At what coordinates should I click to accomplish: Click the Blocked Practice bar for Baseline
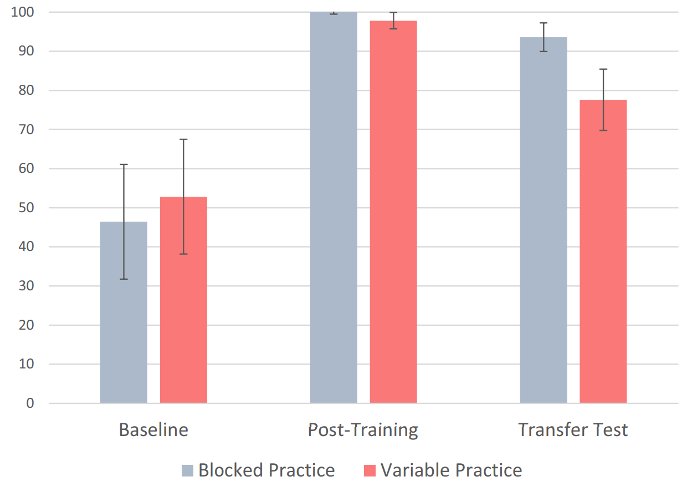click(x=124, y=312)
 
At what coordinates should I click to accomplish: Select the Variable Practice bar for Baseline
click(x=183, y=300)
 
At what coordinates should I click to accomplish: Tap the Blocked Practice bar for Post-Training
click(x=334, y=207)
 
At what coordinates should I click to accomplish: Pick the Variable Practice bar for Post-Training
click(x=393, y=212)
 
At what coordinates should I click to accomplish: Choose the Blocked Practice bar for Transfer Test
click(x=544, y=220)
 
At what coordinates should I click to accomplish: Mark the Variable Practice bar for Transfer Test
click(x=603, y=251)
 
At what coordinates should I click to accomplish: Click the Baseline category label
click(x=153, y=430)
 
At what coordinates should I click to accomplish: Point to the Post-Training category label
click(x=363, y=430)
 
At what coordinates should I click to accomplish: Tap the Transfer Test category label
click(x=573, y=430)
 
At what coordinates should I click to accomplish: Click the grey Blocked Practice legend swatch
click(x=187, y=470)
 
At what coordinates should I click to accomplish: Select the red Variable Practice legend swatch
click(x=370, y=470)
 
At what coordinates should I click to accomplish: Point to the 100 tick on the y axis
click(x=22, y=12)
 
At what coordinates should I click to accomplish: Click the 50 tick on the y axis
click(x=26, y=208)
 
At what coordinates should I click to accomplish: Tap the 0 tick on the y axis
click(x=30, y=403)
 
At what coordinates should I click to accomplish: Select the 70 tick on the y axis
click(x=26, y=130)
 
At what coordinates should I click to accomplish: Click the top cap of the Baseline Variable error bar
click(x=183, y=140)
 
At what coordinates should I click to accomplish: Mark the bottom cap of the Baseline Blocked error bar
click(x=124, y=279)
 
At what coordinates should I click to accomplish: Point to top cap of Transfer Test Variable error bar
click(x=603, y=69)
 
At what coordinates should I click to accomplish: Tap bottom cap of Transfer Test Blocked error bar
click(x=544, y=51)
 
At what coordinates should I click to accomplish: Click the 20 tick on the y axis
click(x=26, y=325)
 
